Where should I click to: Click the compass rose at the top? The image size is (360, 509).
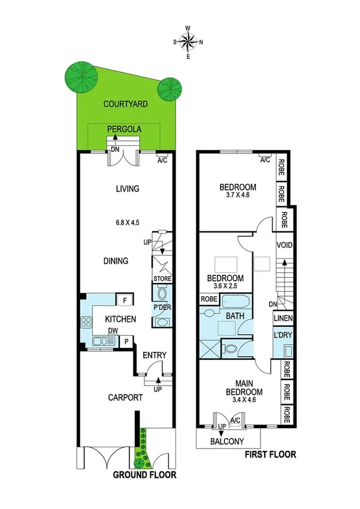(x=189, y=41)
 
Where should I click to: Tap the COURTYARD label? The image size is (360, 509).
(x=125, y=104)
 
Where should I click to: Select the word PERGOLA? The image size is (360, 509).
(x=124, y=129)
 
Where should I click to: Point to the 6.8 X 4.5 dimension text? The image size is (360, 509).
(x=128, y=222)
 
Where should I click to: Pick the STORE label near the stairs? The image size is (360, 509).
(x=162, y=279)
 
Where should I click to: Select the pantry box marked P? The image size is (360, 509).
(x=126, y=342)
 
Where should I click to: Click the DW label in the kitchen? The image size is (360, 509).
(x=112, y=330)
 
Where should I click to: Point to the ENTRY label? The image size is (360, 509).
(x=155, y=356)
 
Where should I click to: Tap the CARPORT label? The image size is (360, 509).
(x=125, y=397)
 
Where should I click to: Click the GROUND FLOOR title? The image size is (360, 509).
(x=145, y=475)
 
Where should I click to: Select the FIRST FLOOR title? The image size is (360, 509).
(x=270, y=454)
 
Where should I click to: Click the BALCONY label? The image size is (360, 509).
(x=227, y=442)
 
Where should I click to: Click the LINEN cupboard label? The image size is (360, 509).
(x=283, y=318)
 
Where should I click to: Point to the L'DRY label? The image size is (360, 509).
(x=283, y=335)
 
